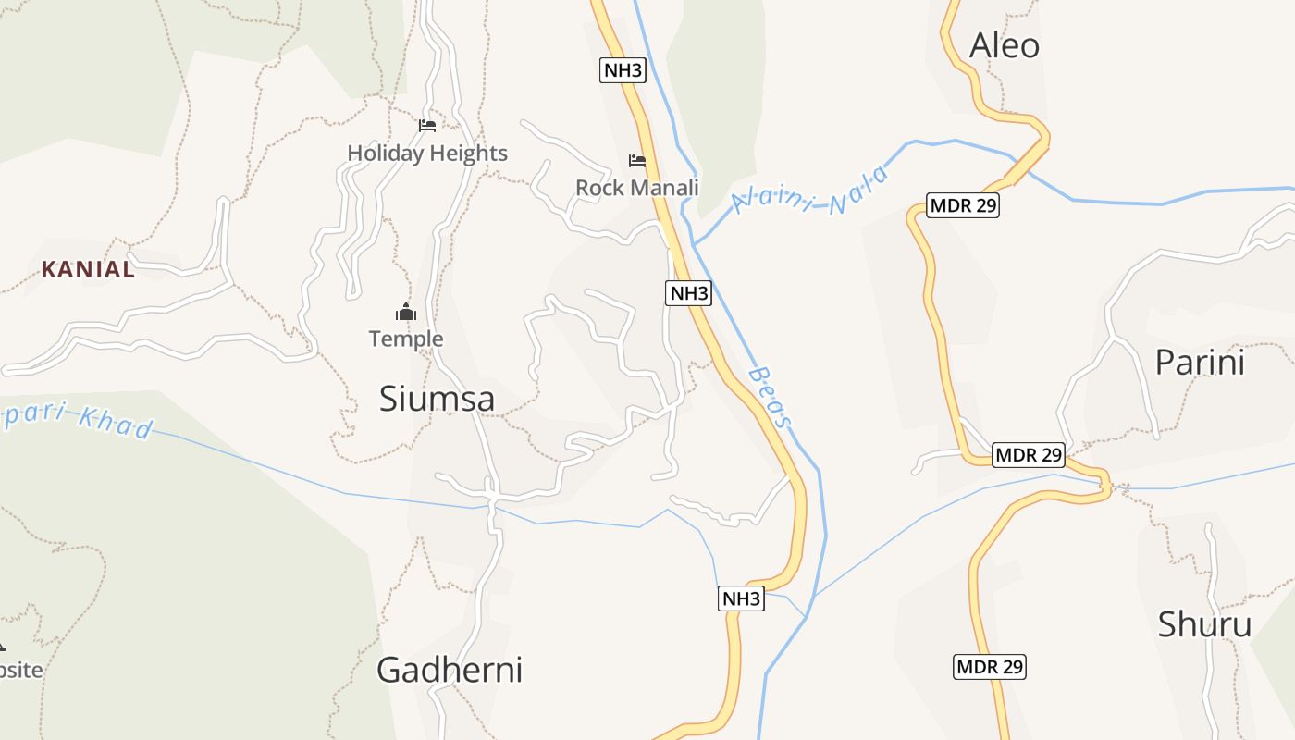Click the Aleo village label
1004,45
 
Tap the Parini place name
1200,363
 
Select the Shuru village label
1204,624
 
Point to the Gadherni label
449,670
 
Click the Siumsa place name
437,399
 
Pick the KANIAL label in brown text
88,270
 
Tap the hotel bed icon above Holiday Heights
426,126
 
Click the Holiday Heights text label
427,153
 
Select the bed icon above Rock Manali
637,161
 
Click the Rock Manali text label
636,188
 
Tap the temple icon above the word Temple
406,312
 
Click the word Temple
406,339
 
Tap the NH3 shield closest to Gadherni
741,598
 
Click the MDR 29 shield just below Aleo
963,205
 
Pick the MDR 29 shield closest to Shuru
990,666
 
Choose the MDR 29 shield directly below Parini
1028,455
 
